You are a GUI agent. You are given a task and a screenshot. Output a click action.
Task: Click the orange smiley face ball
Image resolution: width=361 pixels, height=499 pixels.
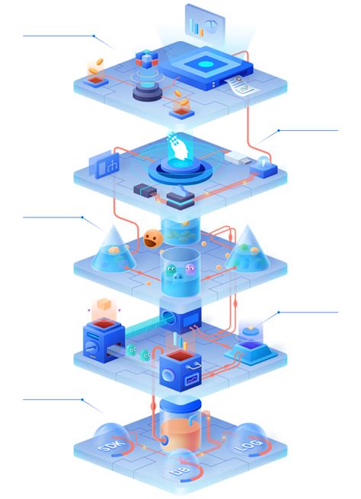coord(153,239)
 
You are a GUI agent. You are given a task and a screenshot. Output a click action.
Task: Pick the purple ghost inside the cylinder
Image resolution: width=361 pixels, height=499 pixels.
coord(190,269)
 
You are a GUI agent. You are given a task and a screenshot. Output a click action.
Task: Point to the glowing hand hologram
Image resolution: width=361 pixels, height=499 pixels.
coord(177,148)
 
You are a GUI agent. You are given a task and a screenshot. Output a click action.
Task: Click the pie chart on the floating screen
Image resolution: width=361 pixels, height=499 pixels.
coord(211,26)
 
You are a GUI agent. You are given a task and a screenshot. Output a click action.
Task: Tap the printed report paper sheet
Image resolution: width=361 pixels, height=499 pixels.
coord(241,84)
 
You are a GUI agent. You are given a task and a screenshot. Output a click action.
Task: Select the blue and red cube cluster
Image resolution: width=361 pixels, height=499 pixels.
coord(146,59)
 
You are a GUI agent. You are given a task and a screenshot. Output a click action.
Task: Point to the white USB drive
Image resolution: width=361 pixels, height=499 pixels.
coord(238,157)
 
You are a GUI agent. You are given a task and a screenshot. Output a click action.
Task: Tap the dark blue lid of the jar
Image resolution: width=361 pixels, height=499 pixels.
coord(180,404)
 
